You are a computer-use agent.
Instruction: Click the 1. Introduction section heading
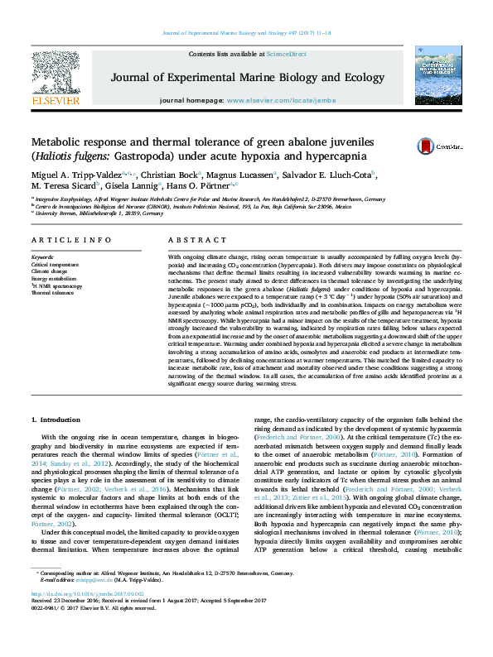(59, 420)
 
